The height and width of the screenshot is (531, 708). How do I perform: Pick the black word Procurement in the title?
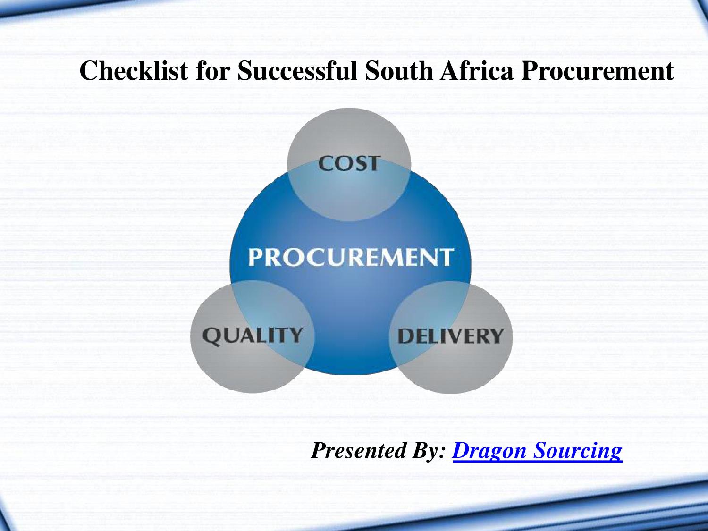(x=597, y=72)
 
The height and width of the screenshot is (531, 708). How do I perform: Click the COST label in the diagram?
(x=349, y=163)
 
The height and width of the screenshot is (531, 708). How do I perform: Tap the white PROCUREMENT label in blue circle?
(x=351, y=258)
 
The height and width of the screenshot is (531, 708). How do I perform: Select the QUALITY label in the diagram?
(x=253, y=336)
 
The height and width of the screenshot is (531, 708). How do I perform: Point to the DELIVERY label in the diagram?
(x=450, y=336)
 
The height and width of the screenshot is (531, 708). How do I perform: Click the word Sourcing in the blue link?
(x=578, y=451)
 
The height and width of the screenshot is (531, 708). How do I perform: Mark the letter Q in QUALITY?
(x=211, y=336)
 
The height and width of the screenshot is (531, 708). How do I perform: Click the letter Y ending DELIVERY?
(x=496, y=336)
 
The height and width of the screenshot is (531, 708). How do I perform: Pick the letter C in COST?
(x=325, y=163)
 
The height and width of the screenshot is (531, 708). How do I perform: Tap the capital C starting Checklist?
(x=89, y=71)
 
